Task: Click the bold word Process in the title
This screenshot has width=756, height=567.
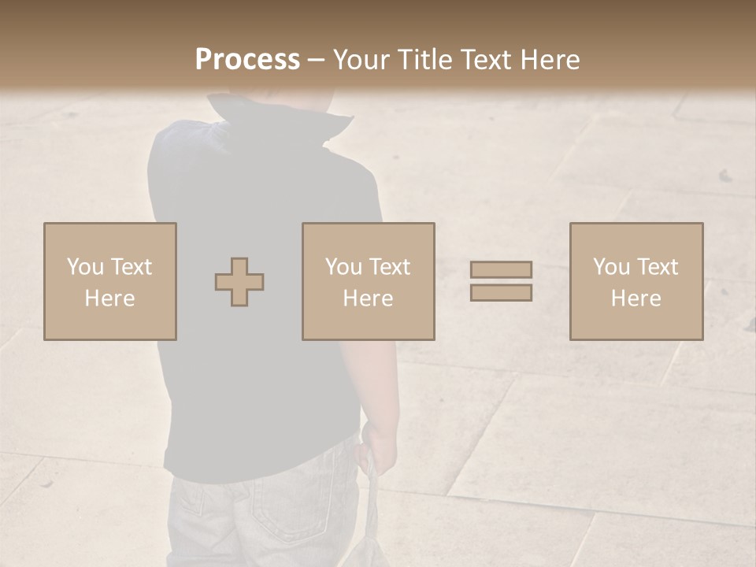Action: click(x=247, y=60)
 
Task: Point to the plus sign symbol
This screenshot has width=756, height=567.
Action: click(x=239, y=282)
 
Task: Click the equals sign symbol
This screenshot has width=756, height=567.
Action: click(x=501, y=281)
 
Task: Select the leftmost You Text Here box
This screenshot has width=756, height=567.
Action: click(x=109, y=281)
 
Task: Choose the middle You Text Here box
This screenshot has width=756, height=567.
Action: click(x=368, y=281)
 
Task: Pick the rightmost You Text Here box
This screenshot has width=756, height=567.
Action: click(x=636, y=281)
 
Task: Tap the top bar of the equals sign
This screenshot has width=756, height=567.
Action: click(x=501, y=269)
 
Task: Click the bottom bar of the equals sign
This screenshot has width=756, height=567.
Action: click(x=501, y=292)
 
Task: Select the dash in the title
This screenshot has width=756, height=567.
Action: click(x=316, y=60)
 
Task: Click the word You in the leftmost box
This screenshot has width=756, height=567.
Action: click(x=84, y=267)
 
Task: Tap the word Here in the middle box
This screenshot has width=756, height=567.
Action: click(x=368, y=298)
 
